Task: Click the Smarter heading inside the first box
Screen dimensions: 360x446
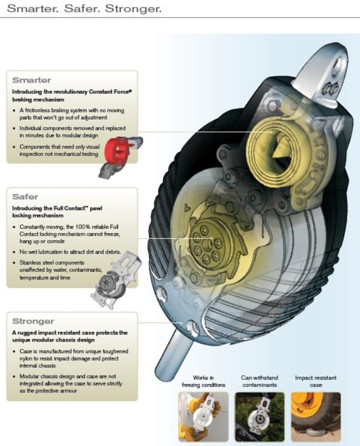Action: click(x=32, y=80)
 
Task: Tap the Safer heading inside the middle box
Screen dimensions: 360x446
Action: click(x=25, y=197)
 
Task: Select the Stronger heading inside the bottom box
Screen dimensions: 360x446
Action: click(x=33, y=321)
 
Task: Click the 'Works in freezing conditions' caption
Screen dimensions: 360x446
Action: click(x=203, y=381)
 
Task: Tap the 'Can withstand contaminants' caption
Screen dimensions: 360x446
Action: click(x=259, y=381)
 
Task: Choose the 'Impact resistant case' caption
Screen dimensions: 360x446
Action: click(x=316, y=381)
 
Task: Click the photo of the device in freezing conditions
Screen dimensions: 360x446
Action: click(x=203, y=416)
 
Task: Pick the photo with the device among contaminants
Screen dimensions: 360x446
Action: click(x=259, y=416)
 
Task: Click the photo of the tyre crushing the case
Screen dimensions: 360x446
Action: click(x=316, y=416)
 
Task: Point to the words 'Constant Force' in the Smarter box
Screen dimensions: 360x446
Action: click(x=110, y=92)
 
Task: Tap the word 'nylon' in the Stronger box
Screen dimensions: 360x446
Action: click(x=26, y=359)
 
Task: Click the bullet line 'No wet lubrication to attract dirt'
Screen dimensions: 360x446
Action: click(x=70, y=252)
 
